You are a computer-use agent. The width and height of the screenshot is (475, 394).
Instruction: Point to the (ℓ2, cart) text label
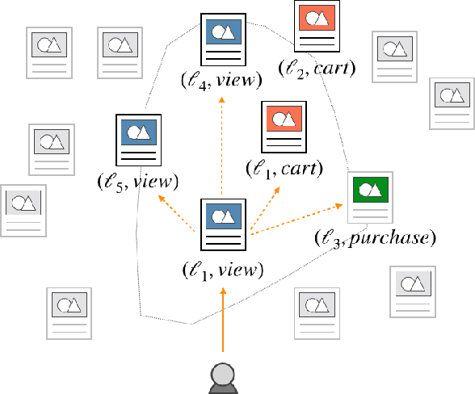pyautogui.click(x=316, y=68)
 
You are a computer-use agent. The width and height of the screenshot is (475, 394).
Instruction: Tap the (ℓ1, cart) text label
pyautogui.click(x=284, y=169)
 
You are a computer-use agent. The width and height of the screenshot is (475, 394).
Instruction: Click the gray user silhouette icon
pyautogui.click(x=222, y=377)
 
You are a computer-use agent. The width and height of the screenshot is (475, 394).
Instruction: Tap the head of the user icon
pyautogui.click(x=222, y=371)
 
